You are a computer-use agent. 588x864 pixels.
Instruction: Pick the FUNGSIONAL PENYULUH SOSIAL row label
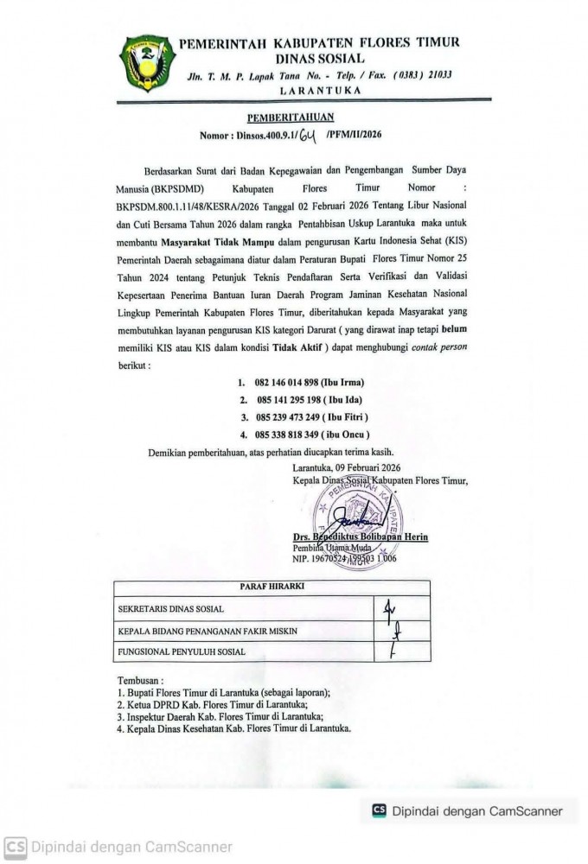point(181,651)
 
